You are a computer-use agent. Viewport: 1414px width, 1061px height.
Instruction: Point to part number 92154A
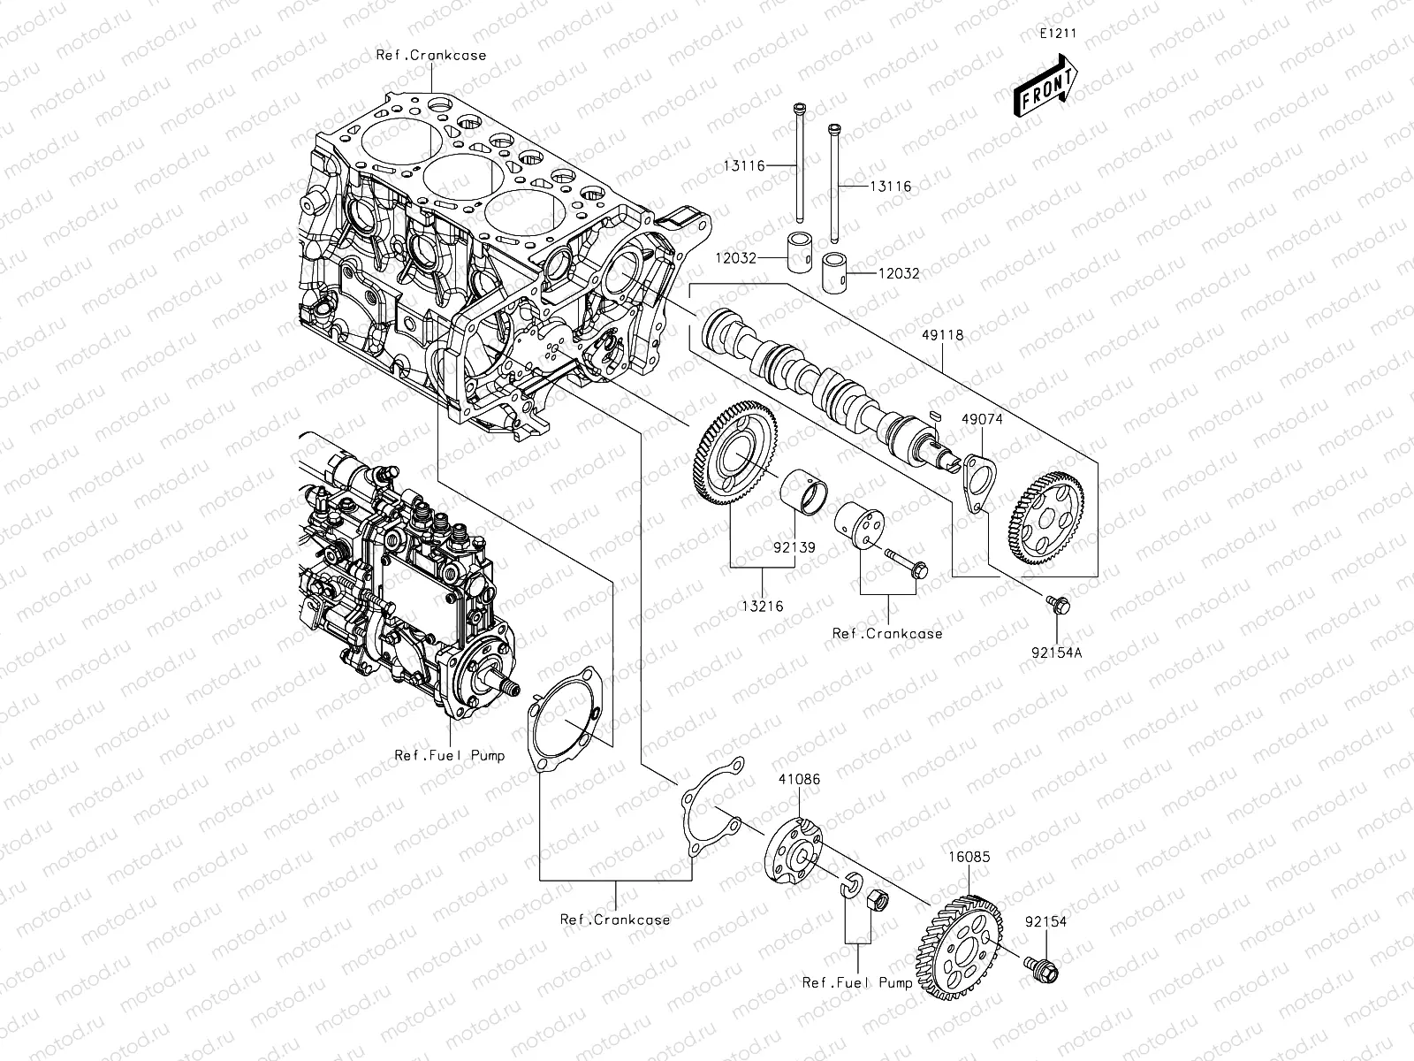click(x=1058, y=653)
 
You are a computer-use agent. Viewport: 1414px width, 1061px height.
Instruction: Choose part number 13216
click(x=763, y=607)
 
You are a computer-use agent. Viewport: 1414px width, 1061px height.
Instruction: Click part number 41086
click(x=798, y=779)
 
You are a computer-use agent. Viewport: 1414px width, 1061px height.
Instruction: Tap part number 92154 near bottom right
click(x=1045, y=921)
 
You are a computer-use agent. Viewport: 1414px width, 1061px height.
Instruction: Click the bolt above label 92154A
click(x=1057, y=604)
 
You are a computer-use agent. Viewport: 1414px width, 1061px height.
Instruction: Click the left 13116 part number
click(x=766, y=164)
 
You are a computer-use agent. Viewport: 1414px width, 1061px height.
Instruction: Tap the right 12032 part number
click(x=898, y=274)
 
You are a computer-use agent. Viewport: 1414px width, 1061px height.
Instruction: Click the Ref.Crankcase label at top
click(x=431, y=55)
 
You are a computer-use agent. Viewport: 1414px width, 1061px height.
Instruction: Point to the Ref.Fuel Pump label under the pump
click(x=449, y=755)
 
